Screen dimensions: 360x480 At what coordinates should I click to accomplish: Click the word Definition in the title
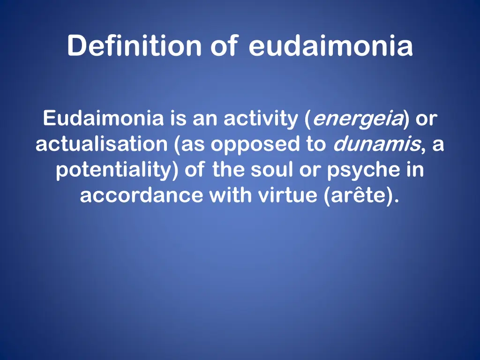tap(134, 46)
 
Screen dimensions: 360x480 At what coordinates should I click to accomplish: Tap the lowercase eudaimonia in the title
tap(331, 46)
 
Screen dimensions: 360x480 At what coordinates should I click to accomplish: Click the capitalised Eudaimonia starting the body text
tap(104, 119)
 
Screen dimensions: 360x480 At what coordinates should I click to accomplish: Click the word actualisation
tap(101, 145)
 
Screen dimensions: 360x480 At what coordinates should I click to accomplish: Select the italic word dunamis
tap(376, 145)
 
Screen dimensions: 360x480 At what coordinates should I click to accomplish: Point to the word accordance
tap(141, 195)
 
